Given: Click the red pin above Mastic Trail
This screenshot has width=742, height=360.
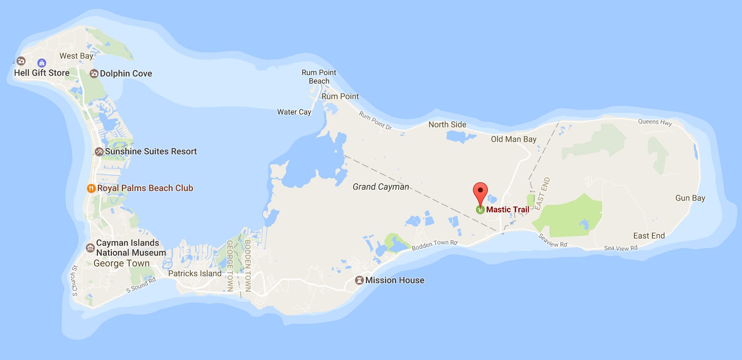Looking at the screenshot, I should [x=480, y=191].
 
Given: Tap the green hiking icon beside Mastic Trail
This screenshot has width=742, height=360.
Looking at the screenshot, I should [x=480, y=210].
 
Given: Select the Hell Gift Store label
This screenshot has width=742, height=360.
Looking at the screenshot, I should [x=42, y=73].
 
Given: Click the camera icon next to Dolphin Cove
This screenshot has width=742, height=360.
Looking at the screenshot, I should [x=94, y=73].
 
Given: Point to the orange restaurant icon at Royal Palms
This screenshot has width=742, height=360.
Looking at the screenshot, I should [x=91, y=188].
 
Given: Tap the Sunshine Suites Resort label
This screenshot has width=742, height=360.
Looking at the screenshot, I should [x=151, y=151].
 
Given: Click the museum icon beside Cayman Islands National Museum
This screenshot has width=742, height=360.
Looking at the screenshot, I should [x=90, y=248].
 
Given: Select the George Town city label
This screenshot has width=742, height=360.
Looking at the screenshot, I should [x=122, y=264].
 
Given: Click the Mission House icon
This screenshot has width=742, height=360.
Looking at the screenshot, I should [x=359, y=280].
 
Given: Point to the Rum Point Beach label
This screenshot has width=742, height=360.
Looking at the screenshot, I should [x=319, y=77].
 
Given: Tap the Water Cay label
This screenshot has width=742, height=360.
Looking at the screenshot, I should [x=294, y=112].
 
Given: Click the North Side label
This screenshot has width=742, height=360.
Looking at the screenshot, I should [x=447, y=124].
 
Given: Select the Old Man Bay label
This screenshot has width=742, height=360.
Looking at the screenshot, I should [x=513, y=139].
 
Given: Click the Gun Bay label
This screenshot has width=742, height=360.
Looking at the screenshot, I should [x=690, y=198].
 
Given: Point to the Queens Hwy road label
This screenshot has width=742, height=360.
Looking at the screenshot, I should [x=655, y=122].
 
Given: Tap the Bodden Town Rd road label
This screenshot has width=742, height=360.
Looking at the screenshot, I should [x=435, y=244].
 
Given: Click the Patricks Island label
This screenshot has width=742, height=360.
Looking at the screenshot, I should [x=195, y=274].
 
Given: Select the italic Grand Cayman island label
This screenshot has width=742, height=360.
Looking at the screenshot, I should [x=381, y=186].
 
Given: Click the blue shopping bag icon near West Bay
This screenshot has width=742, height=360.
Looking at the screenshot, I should [x=42, y=63].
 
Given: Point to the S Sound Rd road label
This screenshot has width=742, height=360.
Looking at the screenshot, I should [x=141, y=285].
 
